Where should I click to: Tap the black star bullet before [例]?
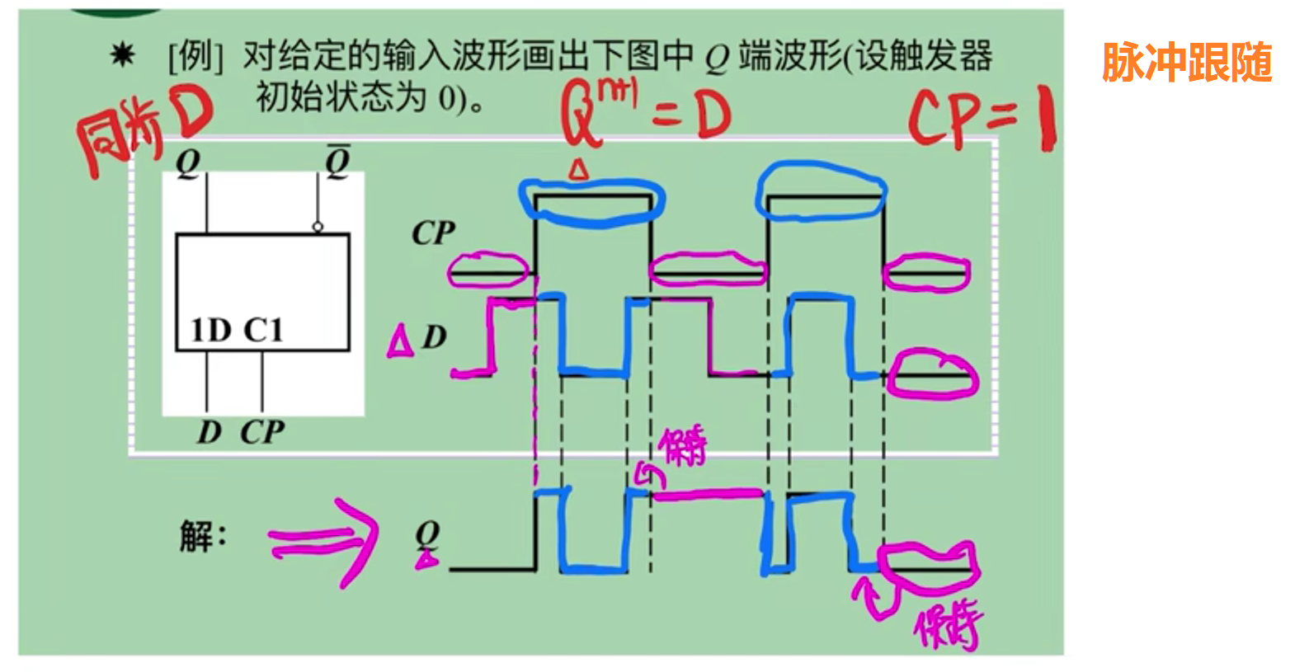click(x=122, y=55)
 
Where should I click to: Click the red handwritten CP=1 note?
click(x=981, y=120)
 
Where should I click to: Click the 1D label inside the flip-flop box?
click(x=210, y=330)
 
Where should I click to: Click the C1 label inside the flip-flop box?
click(x=263, y=330)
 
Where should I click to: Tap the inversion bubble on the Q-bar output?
click(x=318, y=227)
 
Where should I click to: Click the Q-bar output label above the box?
click(x=337, y=161)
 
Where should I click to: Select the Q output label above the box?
click(x=188, y=162)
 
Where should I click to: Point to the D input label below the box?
click(x=209, y=431)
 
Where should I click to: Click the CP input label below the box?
click(x=262, y=431)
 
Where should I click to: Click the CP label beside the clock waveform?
click(x=433, y=233)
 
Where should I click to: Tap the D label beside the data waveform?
click(x=434, y=336)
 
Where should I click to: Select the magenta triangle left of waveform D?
click(x=400, y=341)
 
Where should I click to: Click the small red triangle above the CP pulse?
click(x=579, y=170)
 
